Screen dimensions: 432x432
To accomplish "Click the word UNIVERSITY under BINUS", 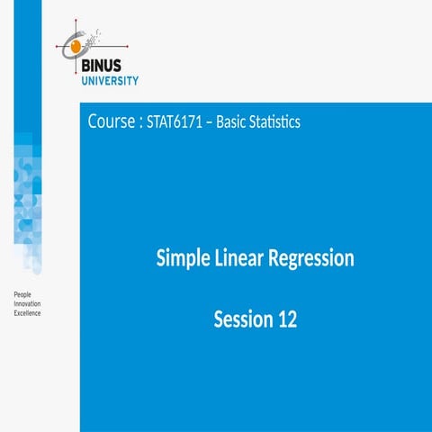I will click(107, 79).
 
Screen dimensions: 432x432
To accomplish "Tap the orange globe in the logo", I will click(76, 43).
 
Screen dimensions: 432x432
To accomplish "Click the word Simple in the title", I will click(184, 259).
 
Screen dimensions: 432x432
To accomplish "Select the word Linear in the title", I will click(241, 259).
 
